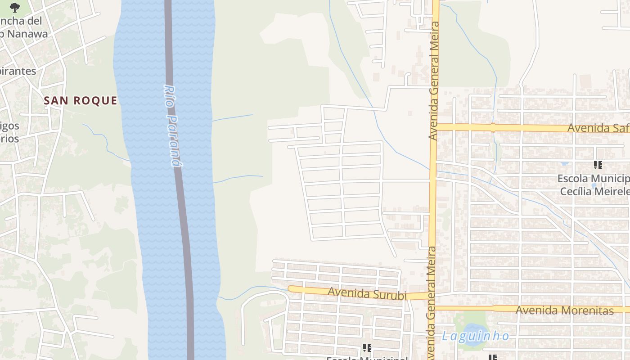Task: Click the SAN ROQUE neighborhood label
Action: tap(81, 101)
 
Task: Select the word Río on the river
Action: tap(169, 95)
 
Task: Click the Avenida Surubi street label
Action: tap(367, 294)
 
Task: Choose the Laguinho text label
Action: tap(476, 336)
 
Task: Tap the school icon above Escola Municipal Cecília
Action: tap(598, 165)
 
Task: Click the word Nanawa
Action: tap(26, 33)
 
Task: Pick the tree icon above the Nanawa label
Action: tap(15, 7)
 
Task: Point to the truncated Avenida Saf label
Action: tap(598, 128)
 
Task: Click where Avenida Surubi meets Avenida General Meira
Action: tap(431, 295)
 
